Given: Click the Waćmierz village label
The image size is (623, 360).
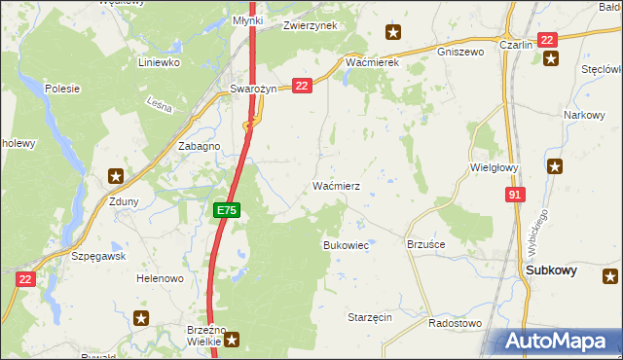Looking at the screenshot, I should tap(338, 185).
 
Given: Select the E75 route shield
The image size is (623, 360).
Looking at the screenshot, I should tap(226, 209).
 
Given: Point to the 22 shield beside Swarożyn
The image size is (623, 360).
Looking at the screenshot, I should tap(301, 86).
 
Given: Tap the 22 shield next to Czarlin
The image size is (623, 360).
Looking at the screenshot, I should tap(547, 40).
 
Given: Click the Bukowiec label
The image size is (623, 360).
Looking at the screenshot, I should tap(346, 246).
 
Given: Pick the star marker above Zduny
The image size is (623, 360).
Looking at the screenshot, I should tap(116, 176).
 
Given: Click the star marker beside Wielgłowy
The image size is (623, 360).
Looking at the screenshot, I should tap(556, 166).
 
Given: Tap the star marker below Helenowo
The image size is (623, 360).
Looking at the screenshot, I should tap(141, 317).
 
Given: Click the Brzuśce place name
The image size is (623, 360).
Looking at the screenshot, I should tap(425, 245).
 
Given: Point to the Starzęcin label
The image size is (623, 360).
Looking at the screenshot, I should tap(369, 317).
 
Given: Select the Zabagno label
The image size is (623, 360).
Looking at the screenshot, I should tap(199, 145).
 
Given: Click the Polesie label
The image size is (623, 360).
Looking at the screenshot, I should tap(61, 88).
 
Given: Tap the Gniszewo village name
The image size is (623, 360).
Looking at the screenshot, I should tap(460, 51).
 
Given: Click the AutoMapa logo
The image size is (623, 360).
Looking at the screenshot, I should tap(554, 342).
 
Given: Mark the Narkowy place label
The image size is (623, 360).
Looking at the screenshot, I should tap(582, 115).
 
